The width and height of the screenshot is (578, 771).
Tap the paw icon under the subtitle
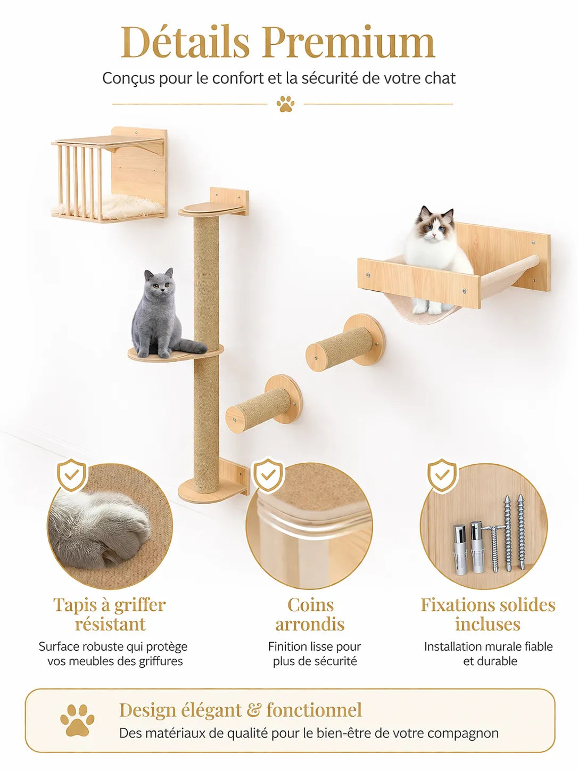click(x=286, y=104)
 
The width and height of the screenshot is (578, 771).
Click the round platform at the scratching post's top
click(x=208, y=210)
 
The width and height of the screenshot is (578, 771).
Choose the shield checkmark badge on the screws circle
click(x=442, y=475)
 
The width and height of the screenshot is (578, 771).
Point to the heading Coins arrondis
click(x=310, y=614)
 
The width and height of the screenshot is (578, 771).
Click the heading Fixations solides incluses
click(x=488, y=614)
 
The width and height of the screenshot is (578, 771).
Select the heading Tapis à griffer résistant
click(x=110, y=614)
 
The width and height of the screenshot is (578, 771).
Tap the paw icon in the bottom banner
click(x=77, y=720)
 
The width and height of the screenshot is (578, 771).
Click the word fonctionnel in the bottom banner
click(x=314, y=710)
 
